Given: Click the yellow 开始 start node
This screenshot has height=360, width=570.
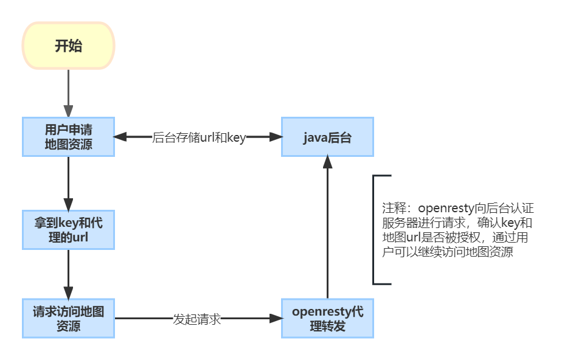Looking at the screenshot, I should coord(68,46).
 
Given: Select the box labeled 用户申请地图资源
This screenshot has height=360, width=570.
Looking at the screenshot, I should coord(68,137).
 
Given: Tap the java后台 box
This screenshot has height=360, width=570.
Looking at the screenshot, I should coord(327,137).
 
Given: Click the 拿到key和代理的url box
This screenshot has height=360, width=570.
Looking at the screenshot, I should coord(68,230).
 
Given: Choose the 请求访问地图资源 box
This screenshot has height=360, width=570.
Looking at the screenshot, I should coord(68,319).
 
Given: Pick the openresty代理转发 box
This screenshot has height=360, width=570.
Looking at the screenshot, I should coord(327,319).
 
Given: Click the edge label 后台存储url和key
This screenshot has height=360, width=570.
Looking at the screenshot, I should coord(198,137).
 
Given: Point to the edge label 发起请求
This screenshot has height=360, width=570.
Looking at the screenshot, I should coord(196,319).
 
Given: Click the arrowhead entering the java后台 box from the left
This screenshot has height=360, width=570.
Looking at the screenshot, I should coord(276,137).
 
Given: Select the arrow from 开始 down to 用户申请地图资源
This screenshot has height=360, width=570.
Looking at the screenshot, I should coord(68,91).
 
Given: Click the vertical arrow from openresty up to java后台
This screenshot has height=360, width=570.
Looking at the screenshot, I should coord(327,231).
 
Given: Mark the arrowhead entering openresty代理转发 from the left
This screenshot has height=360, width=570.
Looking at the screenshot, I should coord(276,318).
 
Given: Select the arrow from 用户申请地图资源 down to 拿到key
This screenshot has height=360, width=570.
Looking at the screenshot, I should coord(68,182).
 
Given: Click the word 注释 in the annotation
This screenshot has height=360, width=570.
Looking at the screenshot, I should coord(392,207).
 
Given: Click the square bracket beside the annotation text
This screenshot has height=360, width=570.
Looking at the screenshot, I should coord(375,230).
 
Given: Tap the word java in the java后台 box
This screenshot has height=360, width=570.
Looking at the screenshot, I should coord(316,137).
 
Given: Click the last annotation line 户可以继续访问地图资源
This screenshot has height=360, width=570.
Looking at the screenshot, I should coord(447,253).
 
